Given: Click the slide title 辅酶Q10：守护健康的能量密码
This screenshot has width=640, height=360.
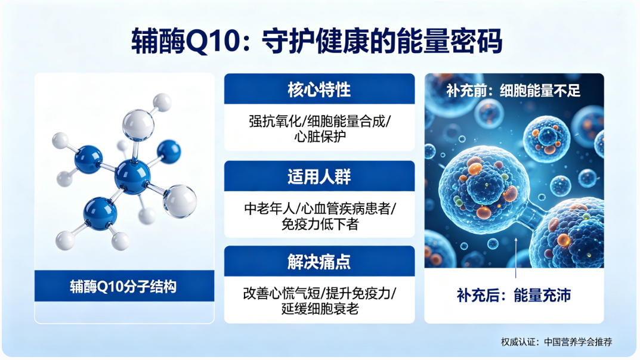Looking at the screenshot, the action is [316, 41].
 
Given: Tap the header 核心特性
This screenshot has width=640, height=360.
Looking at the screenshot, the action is [319, 89].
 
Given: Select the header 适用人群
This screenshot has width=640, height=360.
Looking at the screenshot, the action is [319, 176].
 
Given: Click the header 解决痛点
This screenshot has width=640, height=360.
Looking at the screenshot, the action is [319, 262].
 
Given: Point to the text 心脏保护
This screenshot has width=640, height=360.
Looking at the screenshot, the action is [320, 136].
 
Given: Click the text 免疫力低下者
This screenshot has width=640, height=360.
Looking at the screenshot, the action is [320, 224].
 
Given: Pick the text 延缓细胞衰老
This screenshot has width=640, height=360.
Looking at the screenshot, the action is [320, 309].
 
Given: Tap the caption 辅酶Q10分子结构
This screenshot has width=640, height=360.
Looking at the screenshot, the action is [123, 287].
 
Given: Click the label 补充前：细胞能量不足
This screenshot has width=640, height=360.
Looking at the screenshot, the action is [513, 91].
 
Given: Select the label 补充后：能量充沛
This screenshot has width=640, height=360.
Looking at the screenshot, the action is [514, 295].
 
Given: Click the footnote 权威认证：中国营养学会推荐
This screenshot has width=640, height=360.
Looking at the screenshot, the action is [556, 342].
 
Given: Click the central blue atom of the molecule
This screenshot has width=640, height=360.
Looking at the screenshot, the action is [132, 176].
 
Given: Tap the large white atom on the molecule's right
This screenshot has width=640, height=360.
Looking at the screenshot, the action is [180, 201].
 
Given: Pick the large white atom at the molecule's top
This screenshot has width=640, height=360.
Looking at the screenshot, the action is [138, 125].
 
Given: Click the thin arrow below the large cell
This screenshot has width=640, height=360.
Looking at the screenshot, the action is [516, 257].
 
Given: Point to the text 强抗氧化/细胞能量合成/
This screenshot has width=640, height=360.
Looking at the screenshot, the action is [320, 121].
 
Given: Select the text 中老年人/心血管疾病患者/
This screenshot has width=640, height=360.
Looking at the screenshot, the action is [320, 209].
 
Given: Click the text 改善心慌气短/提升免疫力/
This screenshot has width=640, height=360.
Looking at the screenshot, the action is [320, 293].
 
